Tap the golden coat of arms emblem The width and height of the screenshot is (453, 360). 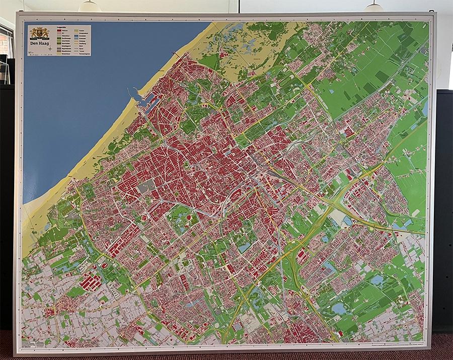pos(39,34)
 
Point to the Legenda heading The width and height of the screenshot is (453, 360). pos(62,28)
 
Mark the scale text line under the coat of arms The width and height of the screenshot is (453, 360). pos(39,52)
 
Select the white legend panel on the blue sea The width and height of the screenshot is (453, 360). pos(59,40)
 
